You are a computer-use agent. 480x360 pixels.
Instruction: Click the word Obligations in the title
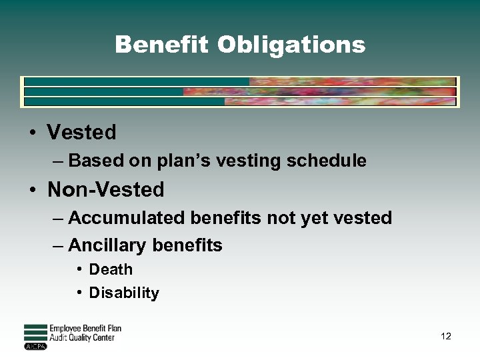pyautogui.click(x=291, y=45)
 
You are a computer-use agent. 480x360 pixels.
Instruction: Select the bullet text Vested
pyautogui.click(x=81, y=132)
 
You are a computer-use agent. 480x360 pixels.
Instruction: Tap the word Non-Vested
pyautogui.click(x=105, y=190)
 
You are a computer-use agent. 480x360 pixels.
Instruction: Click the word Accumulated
pyautogui.click(x=126, y=218)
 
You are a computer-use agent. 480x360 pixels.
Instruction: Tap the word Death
pyautogui.click(x=111, y=269)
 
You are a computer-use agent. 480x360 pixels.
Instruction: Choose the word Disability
pyautogui.click(x=124, y=293)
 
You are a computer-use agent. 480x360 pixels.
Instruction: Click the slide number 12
pyautogui.click(x=446, y=336)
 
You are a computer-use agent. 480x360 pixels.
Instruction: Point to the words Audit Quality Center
pyautogui.click(x=82, y=337)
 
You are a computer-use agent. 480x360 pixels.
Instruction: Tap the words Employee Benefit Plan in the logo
pyautogui.click(x=85, y=329)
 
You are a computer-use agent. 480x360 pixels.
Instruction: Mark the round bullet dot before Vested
pyautogui.click(x=32, y=132)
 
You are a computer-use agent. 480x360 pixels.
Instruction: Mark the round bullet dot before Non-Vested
pyautogui.click(x=32, y=190)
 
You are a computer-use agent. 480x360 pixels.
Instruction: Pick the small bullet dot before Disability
pyautogui.click(x=79, y=293)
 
